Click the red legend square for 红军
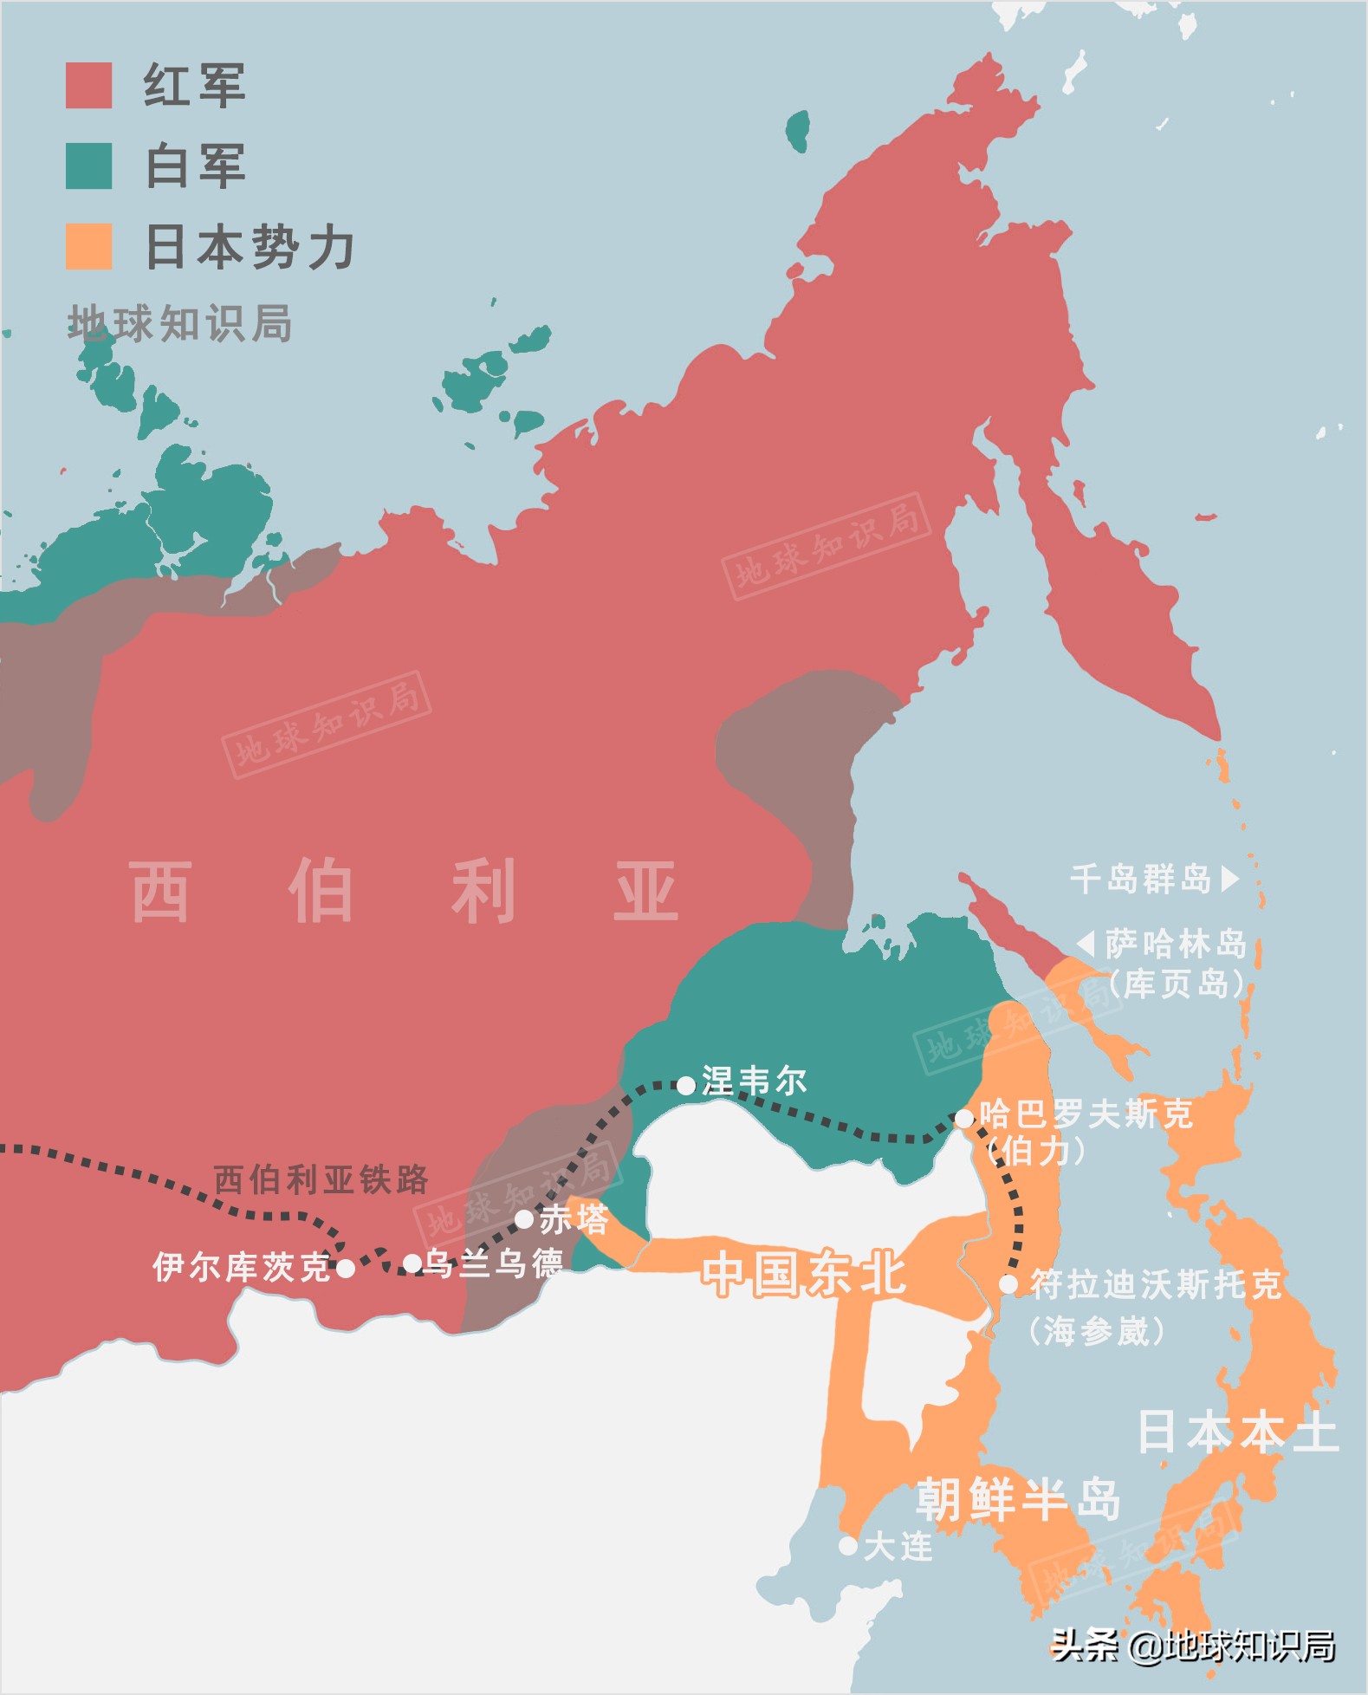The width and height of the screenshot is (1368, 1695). (x=88, y=86)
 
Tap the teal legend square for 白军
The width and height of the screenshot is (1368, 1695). (x=88, y=166)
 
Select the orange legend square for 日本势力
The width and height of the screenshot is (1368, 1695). (x=88, y=246)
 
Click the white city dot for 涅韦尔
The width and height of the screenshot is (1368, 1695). (x=685, y=1085)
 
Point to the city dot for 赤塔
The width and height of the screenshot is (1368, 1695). (x=523, y=1219)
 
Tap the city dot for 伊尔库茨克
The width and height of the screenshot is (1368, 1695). (x=345, y=1269)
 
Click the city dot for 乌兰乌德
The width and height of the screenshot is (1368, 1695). (x=412, y=1263)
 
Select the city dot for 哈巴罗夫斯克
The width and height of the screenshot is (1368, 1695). (x=963, y=1119)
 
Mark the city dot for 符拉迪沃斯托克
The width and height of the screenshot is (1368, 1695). (x=1008, y=1284)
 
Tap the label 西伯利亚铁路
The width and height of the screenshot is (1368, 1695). (x=321, y=1179)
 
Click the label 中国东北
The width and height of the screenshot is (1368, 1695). (x=804, y=1274)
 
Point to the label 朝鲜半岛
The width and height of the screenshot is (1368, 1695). (x=1019, y=1498)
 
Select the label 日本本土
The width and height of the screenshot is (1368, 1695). (x=1236, y=1432)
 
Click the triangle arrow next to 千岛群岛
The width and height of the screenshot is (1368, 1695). (x=1229, y=879)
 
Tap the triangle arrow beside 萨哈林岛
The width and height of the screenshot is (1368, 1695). (x=1086, y=943)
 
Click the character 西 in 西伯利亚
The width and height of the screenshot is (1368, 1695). (x=160, y=891)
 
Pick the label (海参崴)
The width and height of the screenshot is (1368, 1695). (x=1097, y=1330)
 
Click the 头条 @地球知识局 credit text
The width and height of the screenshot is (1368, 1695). (x=1193, y=1646)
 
